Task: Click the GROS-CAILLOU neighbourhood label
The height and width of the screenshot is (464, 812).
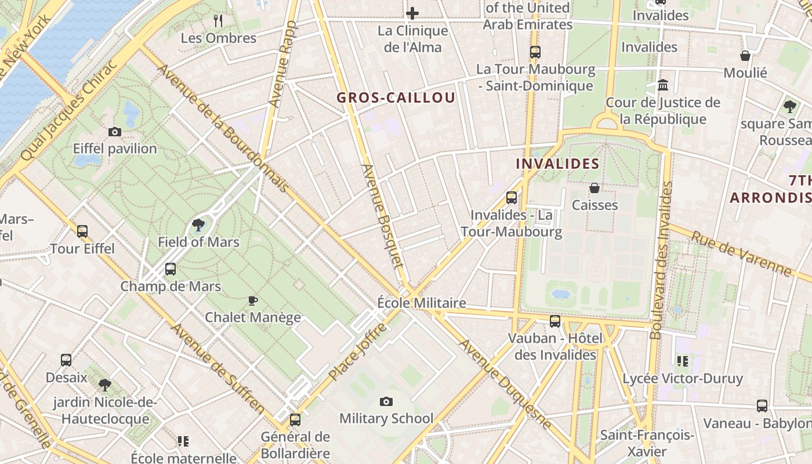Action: click(x=396, y=97)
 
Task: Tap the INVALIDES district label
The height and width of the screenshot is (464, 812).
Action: click(x=557, y=164)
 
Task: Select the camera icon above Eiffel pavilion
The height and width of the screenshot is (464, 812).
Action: click(x=115, y=132)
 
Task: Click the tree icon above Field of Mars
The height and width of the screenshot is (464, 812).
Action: click(x=198, y=225)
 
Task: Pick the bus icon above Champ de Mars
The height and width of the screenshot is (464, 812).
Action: click(x=170, y=269)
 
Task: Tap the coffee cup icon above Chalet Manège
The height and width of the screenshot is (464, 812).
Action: click(x=252, y=300)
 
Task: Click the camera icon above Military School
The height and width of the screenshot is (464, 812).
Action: click(x=386, y=401)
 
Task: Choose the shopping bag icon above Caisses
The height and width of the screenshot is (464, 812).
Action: click(x=594, y=188)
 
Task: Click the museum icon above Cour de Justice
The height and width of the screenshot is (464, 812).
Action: click(x=663, y=86)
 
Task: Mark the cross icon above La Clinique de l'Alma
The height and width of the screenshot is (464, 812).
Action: click(x=412, y=13)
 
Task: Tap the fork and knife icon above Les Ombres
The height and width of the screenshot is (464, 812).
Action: click(x=218, y=21)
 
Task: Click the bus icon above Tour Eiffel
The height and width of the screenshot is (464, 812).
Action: click(x=82, y=231)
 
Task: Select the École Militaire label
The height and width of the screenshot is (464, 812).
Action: click(x=422, y=303)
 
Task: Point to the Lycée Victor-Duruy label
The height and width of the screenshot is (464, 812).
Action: click(x=683, y=379)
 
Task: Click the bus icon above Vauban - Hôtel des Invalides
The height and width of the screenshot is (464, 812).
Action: click(x=555, y=321)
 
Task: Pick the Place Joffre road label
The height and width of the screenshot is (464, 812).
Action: click(x=358, y=352)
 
